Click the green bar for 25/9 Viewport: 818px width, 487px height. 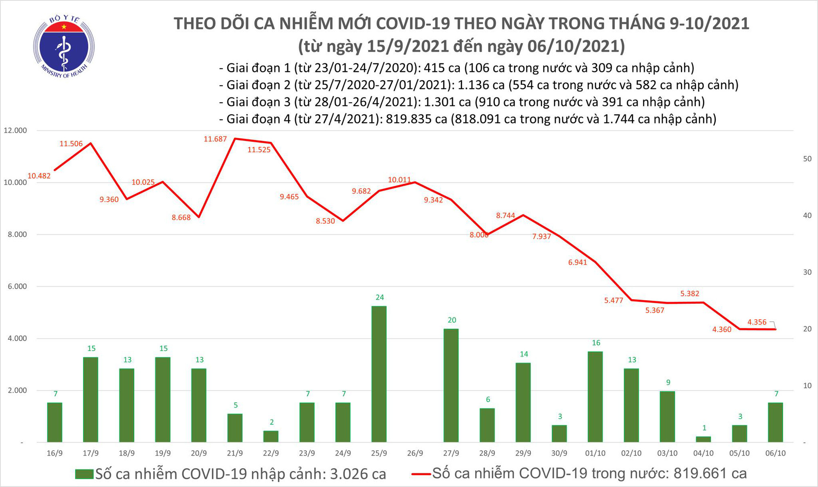(x=379, y=374)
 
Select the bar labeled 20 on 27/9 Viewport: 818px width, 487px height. (x=451, y=385)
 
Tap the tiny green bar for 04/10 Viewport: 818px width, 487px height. (x=703, y=439)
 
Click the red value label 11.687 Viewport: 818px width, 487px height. (x=215, y=139)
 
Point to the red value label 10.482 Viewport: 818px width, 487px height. (x=39, y=176)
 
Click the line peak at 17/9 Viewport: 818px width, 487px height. (x=90, y=143)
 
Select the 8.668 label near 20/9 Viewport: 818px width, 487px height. (x=181, y=218)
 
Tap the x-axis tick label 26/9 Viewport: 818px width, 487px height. (x=415, y=453)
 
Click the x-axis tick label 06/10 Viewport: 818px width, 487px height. (x=775, y=453)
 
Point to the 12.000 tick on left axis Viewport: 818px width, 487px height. (x=15, y=130)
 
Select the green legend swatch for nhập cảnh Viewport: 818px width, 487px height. (x=84, y=474)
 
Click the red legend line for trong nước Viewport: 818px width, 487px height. (x=421, y=474)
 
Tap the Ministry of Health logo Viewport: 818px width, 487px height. (x=64, y=47)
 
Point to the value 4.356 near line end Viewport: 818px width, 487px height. (x=757, y=322)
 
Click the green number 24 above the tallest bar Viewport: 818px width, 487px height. (x=380, y=297)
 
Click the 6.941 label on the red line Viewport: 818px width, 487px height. (x=578, y=263)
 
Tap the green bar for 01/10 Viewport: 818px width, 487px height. (x=595, y=397)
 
